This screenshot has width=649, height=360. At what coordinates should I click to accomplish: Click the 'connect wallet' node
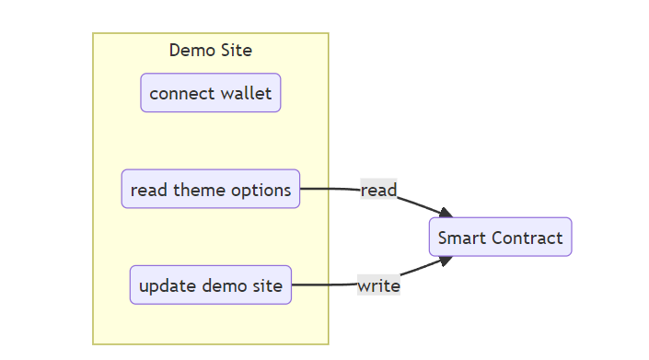(210, 93)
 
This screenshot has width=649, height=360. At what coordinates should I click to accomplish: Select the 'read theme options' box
(210, 190)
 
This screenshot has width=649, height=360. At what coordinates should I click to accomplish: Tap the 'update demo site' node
(210, 285)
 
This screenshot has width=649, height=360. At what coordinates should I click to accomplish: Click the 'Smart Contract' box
(500, 238)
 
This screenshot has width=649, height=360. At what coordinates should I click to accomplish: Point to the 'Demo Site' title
(210, 50)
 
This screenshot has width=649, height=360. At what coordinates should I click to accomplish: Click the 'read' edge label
(378, 191)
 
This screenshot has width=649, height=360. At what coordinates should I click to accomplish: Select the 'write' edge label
(378, 285)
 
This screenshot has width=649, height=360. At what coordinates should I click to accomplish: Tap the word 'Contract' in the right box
(527, 238)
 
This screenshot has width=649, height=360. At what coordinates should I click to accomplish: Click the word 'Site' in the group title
(236, 50)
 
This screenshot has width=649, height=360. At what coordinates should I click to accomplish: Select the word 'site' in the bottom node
(266, 285)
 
